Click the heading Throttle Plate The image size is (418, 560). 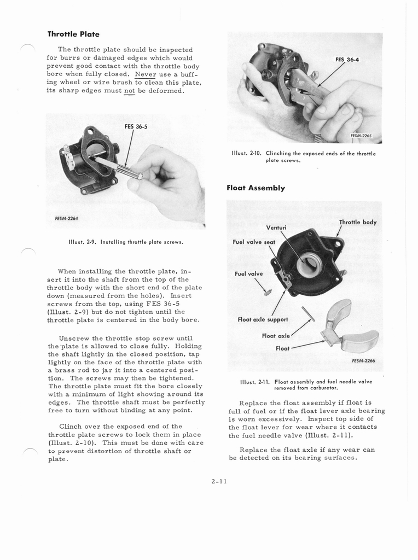(73, 34)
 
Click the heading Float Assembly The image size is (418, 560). (256, 188)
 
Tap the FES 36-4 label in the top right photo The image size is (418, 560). (347, 60)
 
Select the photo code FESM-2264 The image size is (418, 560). (67, 218)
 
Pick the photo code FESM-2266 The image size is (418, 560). (364, 360)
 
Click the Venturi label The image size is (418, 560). (277, 227)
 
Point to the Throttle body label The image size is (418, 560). (357, 222)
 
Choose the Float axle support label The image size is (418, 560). (263, 319)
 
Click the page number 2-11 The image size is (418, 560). (218, 481)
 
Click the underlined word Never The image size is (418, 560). (146, 74)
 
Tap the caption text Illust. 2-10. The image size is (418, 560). (247, 154)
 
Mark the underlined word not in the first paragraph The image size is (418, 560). (129, 90)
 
